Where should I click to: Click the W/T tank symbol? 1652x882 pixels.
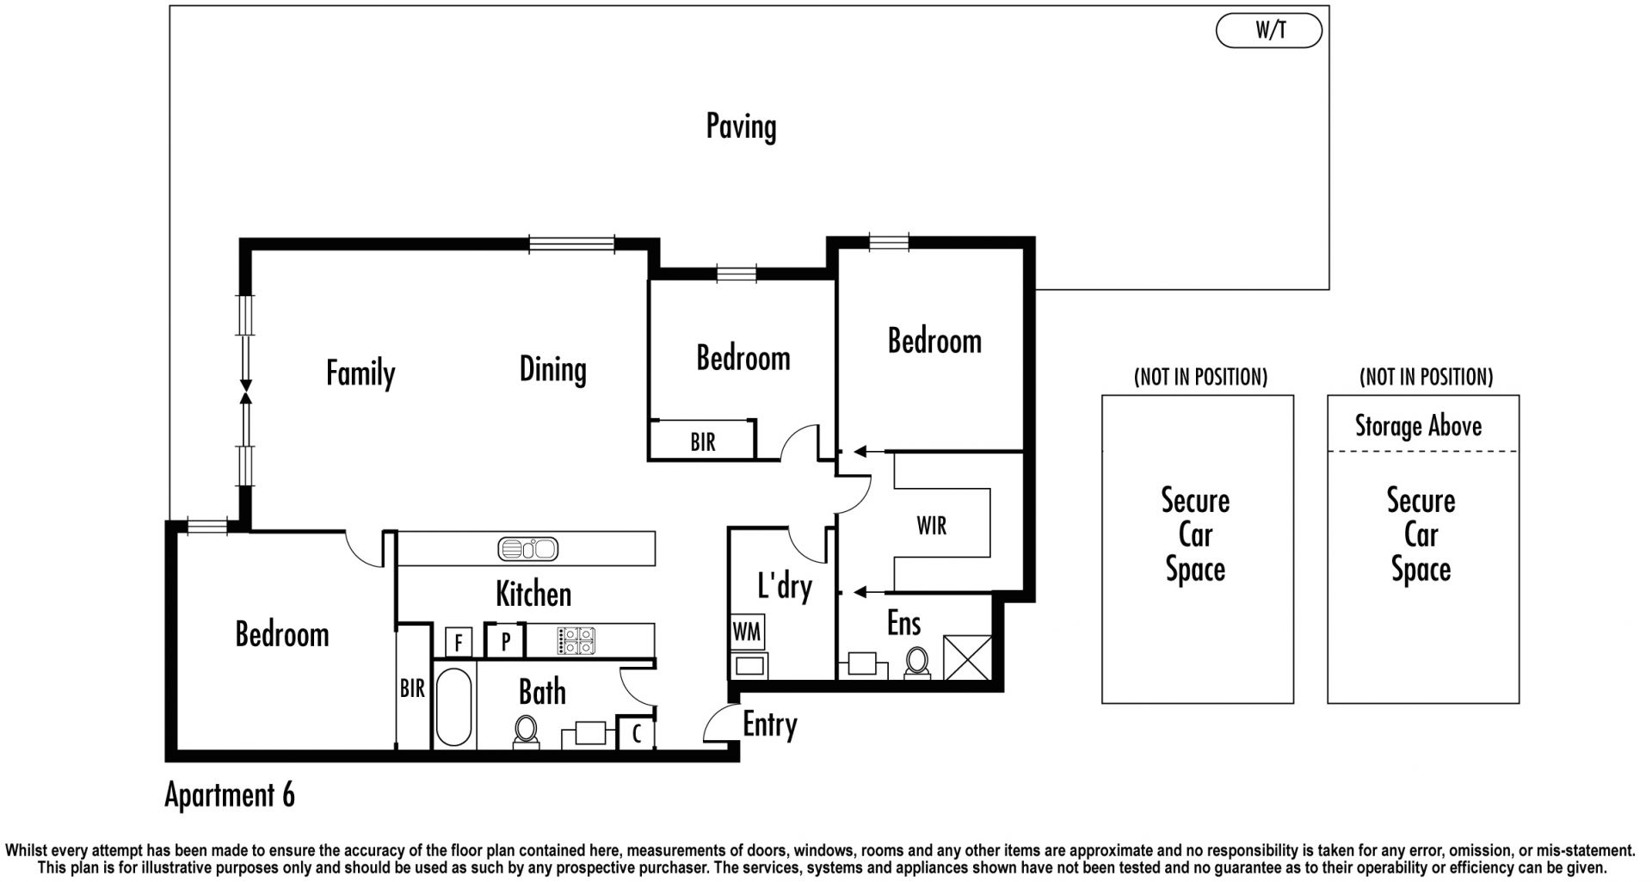[1268, 31]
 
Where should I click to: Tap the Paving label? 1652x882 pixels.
[741, 126]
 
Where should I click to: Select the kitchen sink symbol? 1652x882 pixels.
[528, 548]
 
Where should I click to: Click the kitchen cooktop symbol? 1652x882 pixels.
[576, 640]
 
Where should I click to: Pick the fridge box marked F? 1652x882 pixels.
[459, 642]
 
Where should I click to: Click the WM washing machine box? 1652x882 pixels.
[747, 632]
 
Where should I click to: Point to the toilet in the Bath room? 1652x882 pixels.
[525, 732]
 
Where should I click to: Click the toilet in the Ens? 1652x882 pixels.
[917, 663]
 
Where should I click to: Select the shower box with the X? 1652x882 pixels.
[968, 657]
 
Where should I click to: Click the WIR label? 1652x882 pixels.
[932, 525]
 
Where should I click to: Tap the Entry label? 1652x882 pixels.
[770, 725]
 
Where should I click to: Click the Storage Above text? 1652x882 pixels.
[1419, 426]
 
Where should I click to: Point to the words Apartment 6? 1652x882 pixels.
[230, 795]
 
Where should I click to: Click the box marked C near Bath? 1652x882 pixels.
[637, 734]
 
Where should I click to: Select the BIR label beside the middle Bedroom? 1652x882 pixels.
[703, 442]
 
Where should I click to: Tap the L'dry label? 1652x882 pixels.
[785, 587]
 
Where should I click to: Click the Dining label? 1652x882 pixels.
[553, 370]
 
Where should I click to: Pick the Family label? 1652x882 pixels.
[361, 373]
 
